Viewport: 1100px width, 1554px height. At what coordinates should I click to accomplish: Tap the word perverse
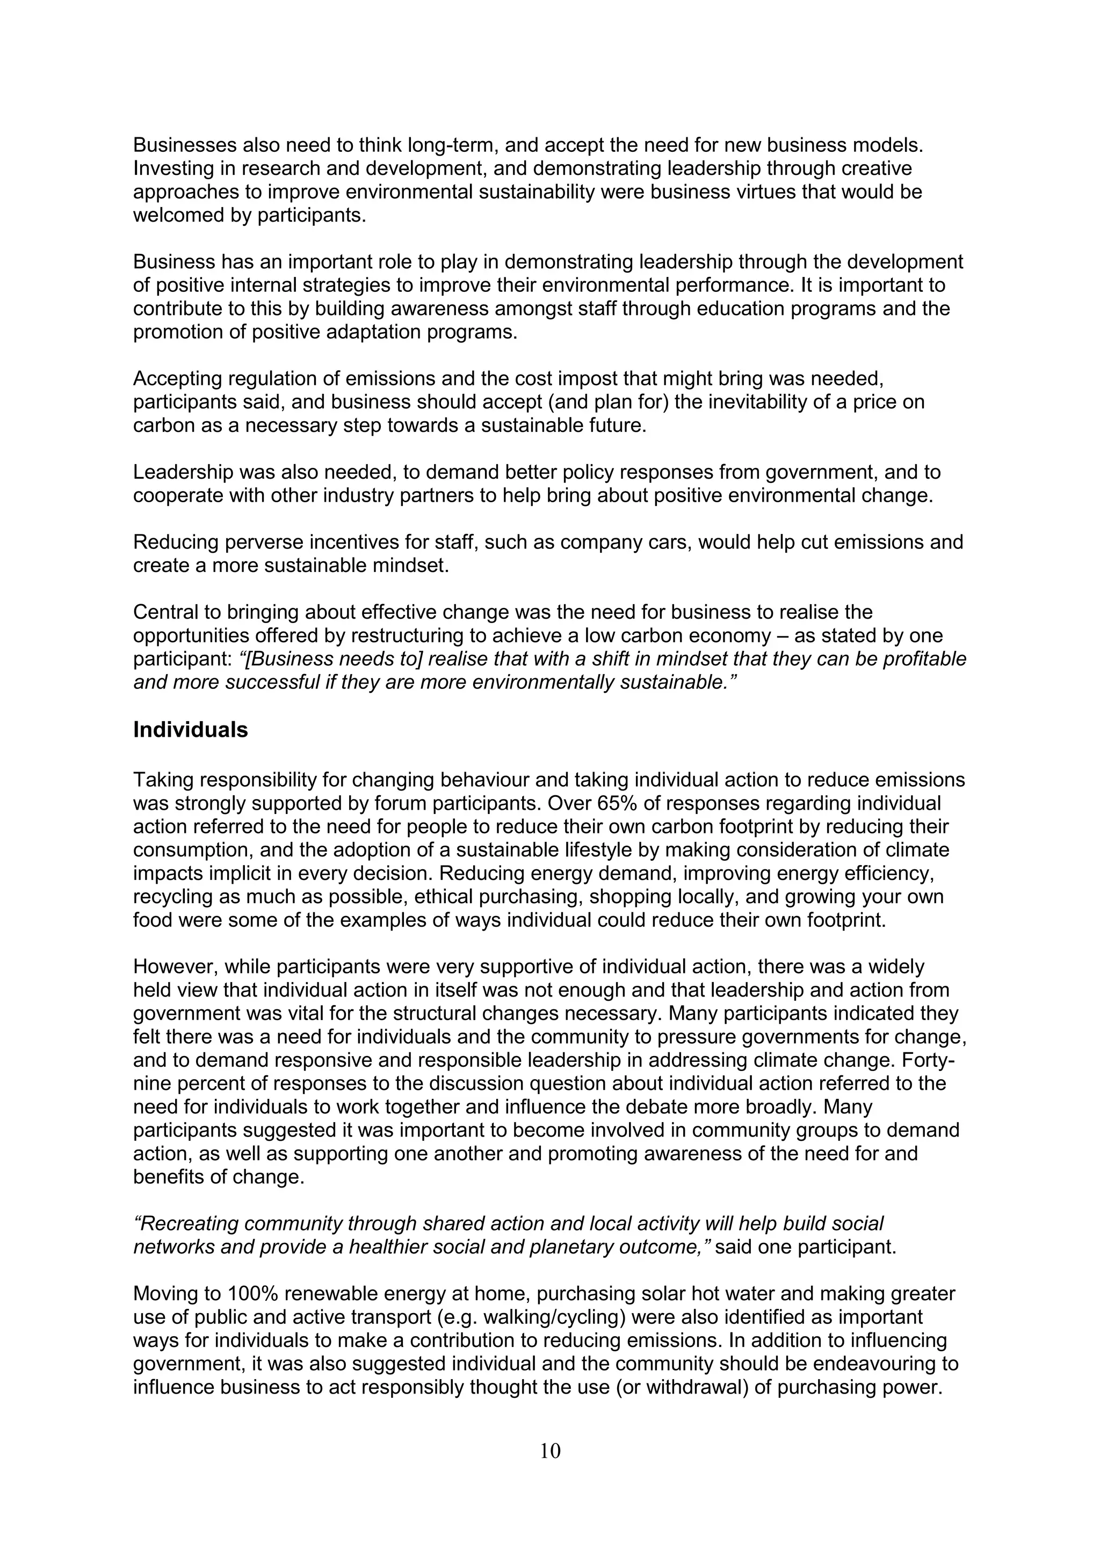[x=263, y=542]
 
